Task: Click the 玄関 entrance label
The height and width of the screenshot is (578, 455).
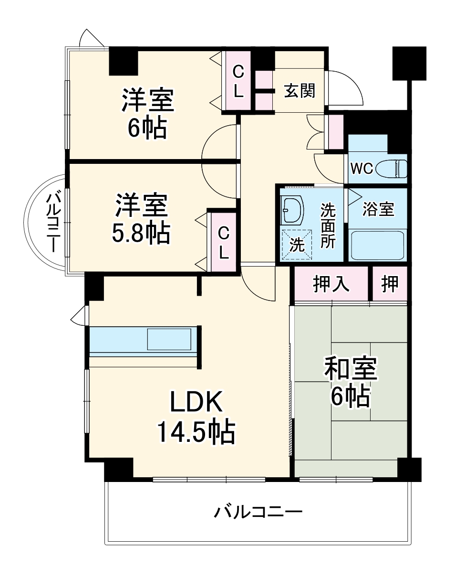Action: coord(300,90)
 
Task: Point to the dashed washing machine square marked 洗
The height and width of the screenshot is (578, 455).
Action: coord(297,244)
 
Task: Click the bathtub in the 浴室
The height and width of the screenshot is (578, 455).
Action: coord(378,245)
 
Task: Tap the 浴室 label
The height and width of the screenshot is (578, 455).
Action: coord(378,209)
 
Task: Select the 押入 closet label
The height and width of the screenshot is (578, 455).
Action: coord(331,284)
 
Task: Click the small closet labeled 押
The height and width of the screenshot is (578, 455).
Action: coord(390,284)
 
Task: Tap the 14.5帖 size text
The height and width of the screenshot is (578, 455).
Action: coord(196,432)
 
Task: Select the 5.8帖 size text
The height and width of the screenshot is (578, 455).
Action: coord(141,233)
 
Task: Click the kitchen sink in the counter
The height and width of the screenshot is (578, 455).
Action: coord(169,340)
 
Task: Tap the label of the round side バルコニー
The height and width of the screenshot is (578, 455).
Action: coord(52,222)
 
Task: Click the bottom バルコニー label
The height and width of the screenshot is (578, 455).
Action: coord(258,514)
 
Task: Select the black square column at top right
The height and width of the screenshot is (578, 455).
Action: coord(409,63)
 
